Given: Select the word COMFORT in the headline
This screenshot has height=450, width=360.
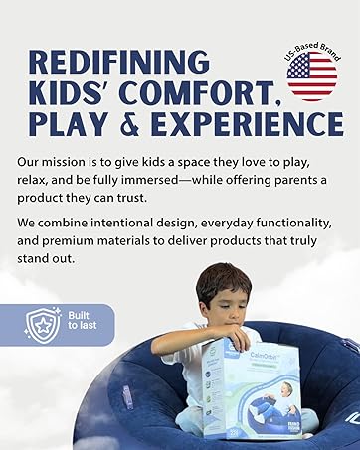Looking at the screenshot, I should (210, 92).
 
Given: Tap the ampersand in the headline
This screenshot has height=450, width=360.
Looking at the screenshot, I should (134, 123).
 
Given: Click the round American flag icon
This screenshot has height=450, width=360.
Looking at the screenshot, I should (311, 77).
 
